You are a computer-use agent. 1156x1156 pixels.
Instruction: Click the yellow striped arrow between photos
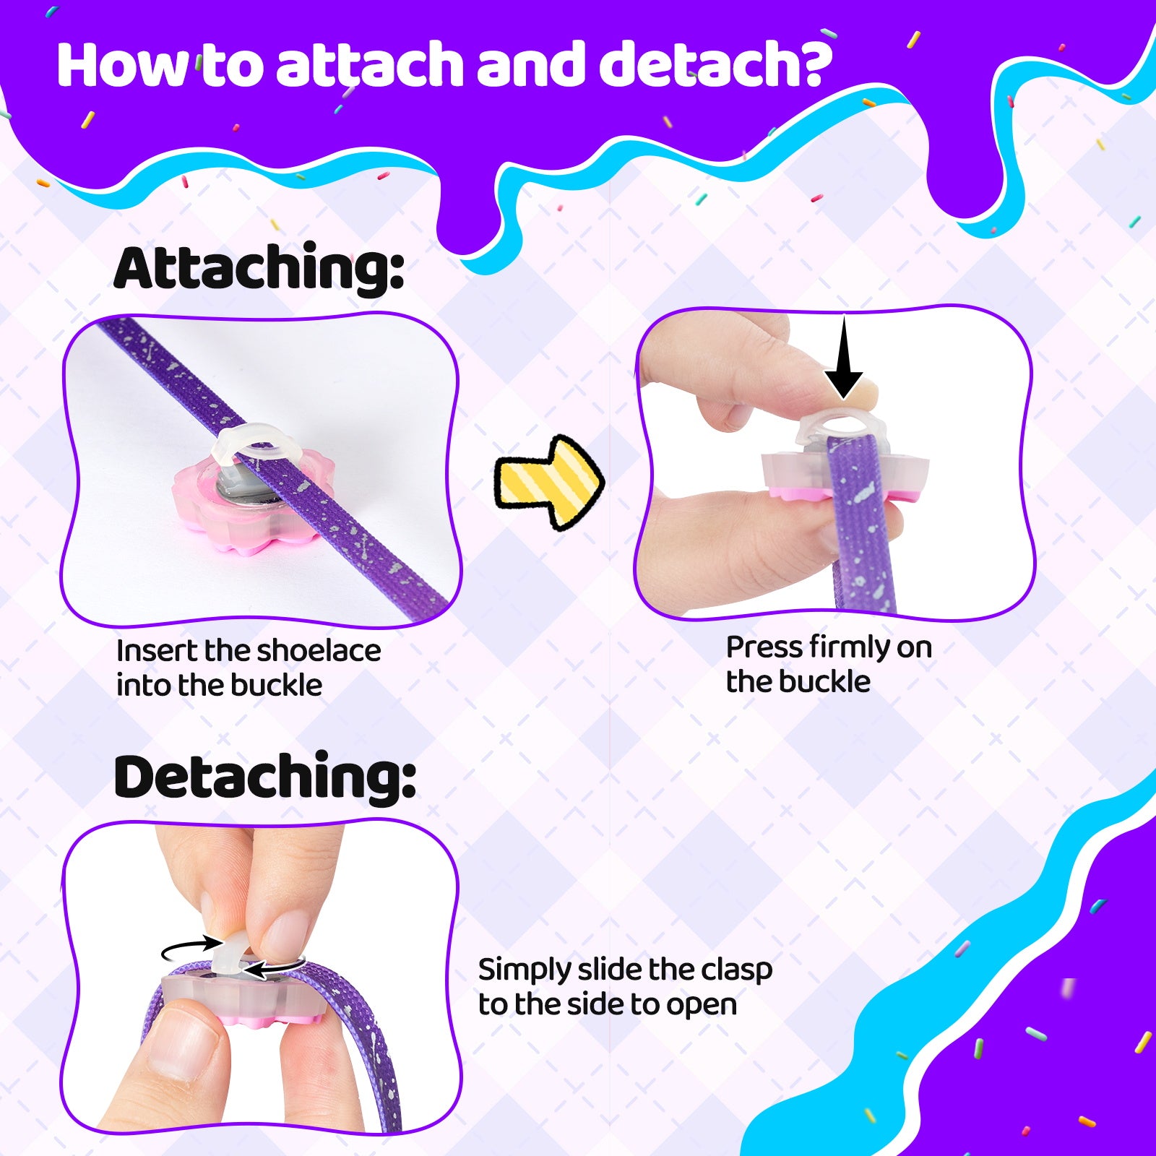coord(549,483)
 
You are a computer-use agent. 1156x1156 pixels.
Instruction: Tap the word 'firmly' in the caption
coord(850,648)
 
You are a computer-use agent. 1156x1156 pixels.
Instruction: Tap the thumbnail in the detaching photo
coord(184,1041)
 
